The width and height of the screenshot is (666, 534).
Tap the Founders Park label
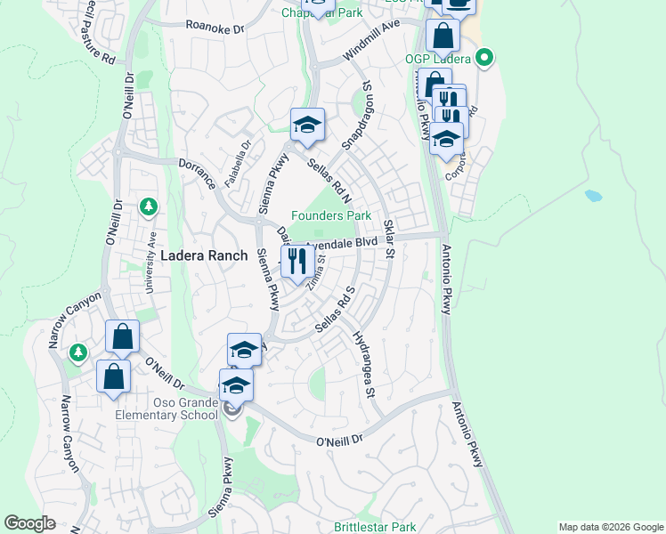tap(331, 216)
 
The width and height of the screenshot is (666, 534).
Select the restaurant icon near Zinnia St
tap(296, 261)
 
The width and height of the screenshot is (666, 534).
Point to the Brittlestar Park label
tap(375, 527)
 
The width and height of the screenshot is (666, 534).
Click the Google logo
tap(30, 523)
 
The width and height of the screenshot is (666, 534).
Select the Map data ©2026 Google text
tap(610, 527)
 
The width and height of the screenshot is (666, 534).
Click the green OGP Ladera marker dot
tap(484, 61)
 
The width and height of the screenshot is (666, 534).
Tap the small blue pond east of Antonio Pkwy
tap(593, 196)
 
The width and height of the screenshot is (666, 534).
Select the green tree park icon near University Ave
tap(149, 207)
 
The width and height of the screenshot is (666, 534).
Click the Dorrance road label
tap(197, 170)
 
